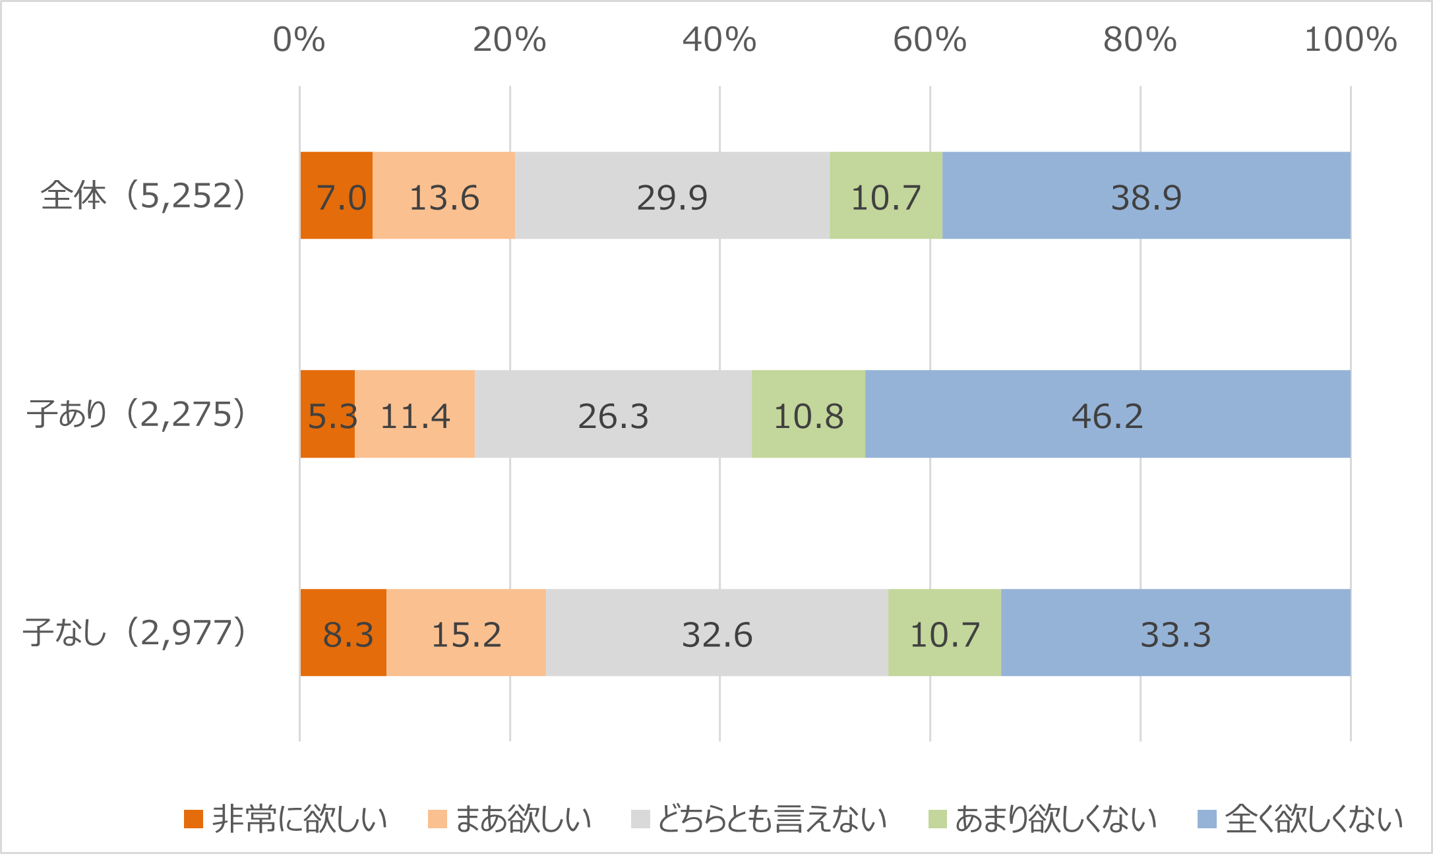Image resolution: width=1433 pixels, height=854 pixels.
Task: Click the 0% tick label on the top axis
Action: (x=299, y=40)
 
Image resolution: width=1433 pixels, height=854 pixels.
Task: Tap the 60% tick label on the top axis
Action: (x=929, y=40)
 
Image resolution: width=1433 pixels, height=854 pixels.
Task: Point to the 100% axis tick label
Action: (x=1350, y=40)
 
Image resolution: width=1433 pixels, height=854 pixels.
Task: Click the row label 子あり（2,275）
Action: (x=136, y=414)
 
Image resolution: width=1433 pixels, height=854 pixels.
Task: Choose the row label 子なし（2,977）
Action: (x=135, y=632)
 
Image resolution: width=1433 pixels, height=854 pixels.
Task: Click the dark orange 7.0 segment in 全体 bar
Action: (x=336, y=196)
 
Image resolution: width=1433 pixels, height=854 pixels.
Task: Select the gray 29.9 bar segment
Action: (x=672, y=196)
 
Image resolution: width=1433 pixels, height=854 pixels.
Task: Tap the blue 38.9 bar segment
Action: (x=1146, y=196)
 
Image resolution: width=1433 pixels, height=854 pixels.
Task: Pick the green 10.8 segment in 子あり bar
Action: (x=808, y=414)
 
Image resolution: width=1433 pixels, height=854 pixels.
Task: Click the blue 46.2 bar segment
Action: (x=1107, y=414)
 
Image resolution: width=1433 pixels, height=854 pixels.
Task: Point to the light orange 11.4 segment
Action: (x=415, y=414)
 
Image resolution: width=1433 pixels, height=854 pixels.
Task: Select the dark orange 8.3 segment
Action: (x=344, y=632)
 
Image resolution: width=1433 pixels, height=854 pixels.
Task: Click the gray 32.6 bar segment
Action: (x=717, y=632)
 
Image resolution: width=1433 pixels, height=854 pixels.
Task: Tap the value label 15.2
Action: (x=466, y=634)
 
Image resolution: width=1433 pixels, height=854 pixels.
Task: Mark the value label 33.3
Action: (x=1176, y=634)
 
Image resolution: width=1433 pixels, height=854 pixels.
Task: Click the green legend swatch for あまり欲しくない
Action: (x=937, y=819)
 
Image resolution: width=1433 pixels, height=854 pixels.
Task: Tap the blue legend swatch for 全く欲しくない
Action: (x=1206, y=819)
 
